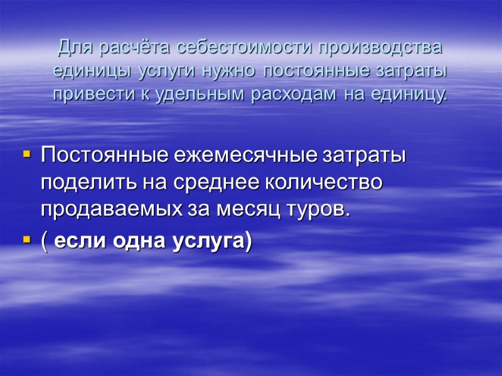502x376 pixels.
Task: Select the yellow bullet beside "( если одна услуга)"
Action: (26, 239)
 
